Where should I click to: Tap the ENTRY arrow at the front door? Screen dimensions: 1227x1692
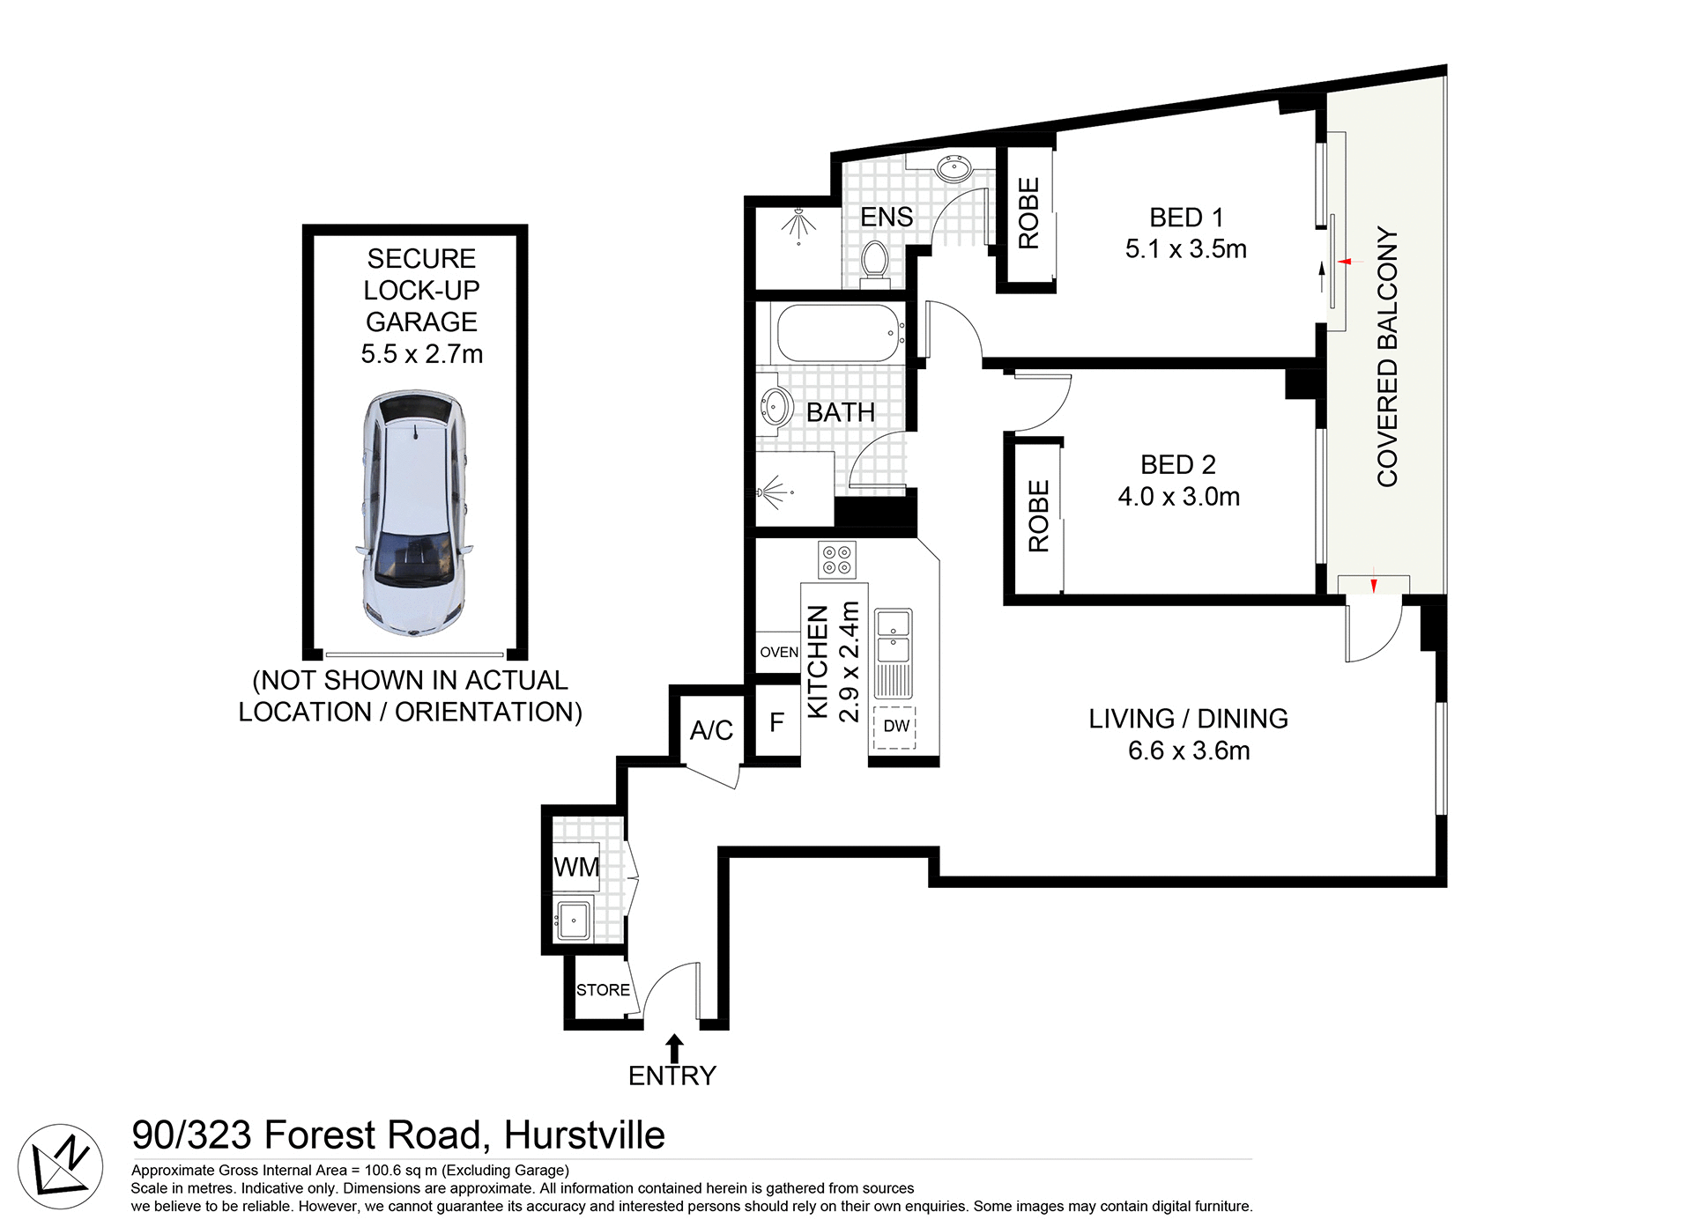674,1048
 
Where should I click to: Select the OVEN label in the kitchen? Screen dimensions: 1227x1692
779,653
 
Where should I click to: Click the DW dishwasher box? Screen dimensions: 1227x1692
895,727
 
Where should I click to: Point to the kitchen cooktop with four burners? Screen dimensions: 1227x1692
836,559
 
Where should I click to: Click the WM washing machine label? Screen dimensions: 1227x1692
576,868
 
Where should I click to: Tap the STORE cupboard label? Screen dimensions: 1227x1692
603,990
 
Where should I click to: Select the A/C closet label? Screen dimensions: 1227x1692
711,730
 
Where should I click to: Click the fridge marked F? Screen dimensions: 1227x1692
776,723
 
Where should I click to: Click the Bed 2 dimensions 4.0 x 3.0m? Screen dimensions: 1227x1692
1178,497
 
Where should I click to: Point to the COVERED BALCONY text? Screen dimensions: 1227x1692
1387,357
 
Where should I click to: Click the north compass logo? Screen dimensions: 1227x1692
60,1167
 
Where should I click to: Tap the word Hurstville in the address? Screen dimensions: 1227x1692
584,1135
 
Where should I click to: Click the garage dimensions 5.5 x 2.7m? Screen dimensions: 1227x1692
421,354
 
